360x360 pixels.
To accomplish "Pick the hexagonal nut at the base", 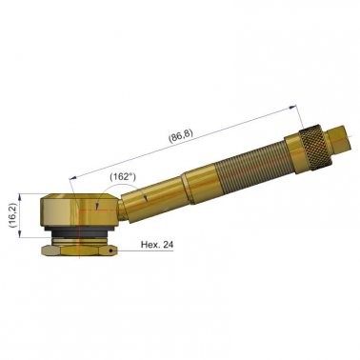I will pyautogui.click(x=77, y=251).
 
